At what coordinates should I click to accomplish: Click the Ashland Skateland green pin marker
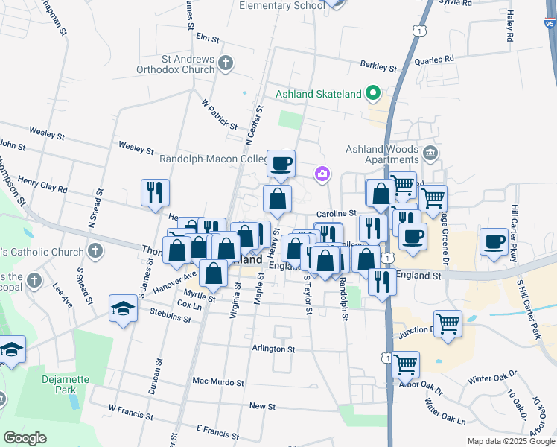point(373,94)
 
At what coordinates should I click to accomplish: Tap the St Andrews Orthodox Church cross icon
point(227,65)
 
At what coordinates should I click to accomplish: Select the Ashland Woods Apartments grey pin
point(430,154)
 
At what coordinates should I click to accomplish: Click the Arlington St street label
point(273,349)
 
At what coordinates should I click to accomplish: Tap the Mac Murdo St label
point(218,381)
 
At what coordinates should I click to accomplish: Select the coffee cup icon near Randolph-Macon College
point(281,164)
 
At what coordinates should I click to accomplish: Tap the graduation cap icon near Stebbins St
point(123,308)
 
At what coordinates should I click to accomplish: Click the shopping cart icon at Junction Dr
point(448,324)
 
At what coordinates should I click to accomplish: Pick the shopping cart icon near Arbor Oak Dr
point(405,365)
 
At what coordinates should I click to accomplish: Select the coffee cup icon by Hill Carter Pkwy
point(494,242)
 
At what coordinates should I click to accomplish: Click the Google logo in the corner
point(25,438)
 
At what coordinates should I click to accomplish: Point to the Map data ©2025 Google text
point(511,441)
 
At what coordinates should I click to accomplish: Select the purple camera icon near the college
point(322,174)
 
